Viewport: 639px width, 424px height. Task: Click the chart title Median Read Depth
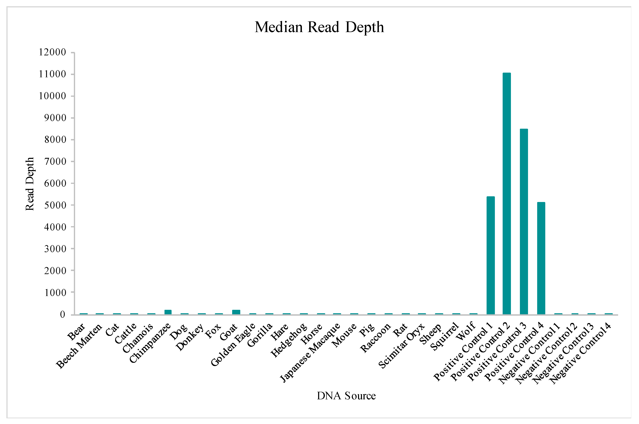tap(319, 27)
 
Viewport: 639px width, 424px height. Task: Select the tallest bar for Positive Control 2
tap(507, 193)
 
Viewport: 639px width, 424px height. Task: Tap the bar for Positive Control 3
tap(524, 222)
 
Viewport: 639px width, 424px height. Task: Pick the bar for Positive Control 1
tap(491, 255)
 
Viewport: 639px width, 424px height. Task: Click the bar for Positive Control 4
tap(541, 258)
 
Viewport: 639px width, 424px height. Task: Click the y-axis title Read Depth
tap(30, 184)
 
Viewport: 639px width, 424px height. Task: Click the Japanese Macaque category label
tap(311, 353)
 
